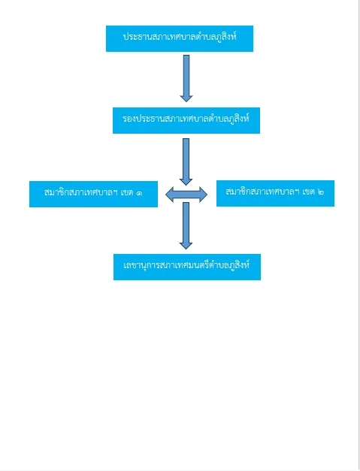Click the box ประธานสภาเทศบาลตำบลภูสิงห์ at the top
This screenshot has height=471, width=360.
pyautogui.click(x=180, y=38)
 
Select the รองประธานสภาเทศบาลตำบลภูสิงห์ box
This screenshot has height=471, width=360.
pyautogui.click(x=186, y=120)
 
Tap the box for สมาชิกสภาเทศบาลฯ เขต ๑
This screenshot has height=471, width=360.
pyautogui.click(x=93, y=194)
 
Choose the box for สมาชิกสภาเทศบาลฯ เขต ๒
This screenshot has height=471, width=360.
pyautogui.click(x=275, y=193)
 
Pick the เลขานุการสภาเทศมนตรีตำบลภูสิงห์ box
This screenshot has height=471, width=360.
pyautogui.click(x=187, y=267)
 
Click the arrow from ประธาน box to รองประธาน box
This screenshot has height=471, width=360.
pyautogui.click(x=186, y=78)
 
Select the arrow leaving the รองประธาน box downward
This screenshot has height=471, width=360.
pyautogui.click(x=186, y=162)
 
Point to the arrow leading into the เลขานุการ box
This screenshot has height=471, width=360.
pyautogui.click(x=186, y=225)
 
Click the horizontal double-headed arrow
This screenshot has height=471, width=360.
pyautogui.click(x=186, y=195)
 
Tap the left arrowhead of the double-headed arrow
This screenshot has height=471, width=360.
pyautogui.click(x=170, y=195)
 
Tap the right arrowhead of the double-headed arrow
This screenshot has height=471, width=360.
pyautogui.click(x=203, y=195)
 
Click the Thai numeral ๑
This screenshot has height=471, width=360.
pyautogui.click(x=139, y=192)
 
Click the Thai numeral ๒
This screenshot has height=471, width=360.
pyautogui.click(x=321, y=192)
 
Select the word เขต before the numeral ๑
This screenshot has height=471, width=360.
pyautogui.click(x=127, y=192)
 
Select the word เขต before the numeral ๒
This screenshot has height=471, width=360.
pyautogui.click(x=308, y=192)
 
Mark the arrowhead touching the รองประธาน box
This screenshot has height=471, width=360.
pyautogui.click(x=186, y=98)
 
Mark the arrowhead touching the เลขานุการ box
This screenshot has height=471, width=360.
pyautogui.click(x=186, y=246)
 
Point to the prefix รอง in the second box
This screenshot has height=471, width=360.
pyautogui.click(x=129, y=119)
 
